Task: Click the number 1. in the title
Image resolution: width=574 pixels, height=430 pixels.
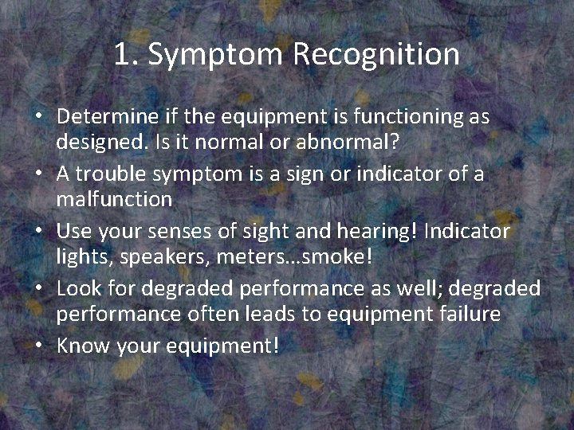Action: [126, 55]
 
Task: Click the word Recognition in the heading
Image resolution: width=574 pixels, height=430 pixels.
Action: [376, 55]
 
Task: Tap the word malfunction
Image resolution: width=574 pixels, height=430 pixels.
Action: [114, 200]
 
